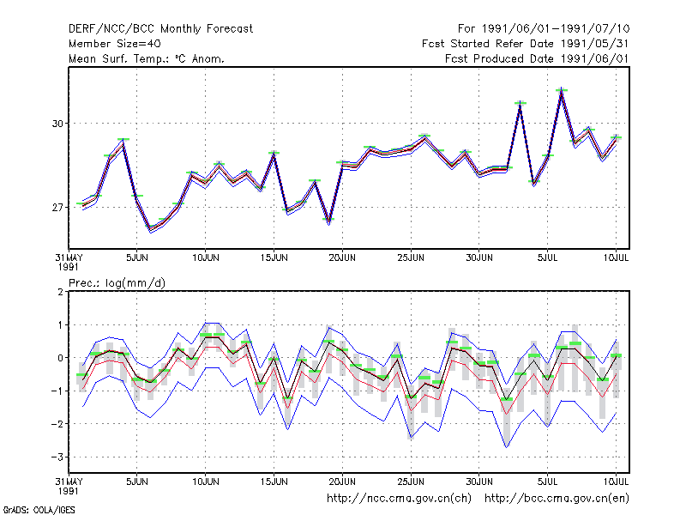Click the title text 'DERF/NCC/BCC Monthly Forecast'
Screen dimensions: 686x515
[160, 29]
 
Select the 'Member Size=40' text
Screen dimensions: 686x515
[115, 44]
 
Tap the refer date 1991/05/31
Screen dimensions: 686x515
[594, 44]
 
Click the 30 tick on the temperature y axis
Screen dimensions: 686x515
[57, 124]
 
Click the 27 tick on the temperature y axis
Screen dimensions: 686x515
[57, 207]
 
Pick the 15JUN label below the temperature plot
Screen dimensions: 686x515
[274, 257]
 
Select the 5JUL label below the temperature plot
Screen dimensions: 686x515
[547, 257]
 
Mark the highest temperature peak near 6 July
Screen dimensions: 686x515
[562, 89]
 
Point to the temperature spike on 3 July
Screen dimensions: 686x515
[521, 103]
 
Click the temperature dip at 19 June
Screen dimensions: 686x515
[329, 221]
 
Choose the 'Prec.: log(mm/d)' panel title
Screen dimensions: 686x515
[117, 283]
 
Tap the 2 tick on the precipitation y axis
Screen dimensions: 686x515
[60, 292]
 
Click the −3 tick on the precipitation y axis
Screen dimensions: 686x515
[57, 457]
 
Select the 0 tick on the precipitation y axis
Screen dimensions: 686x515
[60, 358]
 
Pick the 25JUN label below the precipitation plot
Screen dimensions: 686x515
[411, 482]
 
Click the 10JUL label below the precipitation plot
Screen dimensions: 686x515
[616, 482]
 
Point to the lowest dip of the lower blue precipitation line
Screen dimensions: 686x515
[507, 446]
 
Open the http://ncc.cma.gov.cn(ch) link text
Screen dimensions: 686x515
[399, 499]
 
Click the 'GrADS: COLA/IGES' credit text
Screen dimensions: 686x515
[39, 510]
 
